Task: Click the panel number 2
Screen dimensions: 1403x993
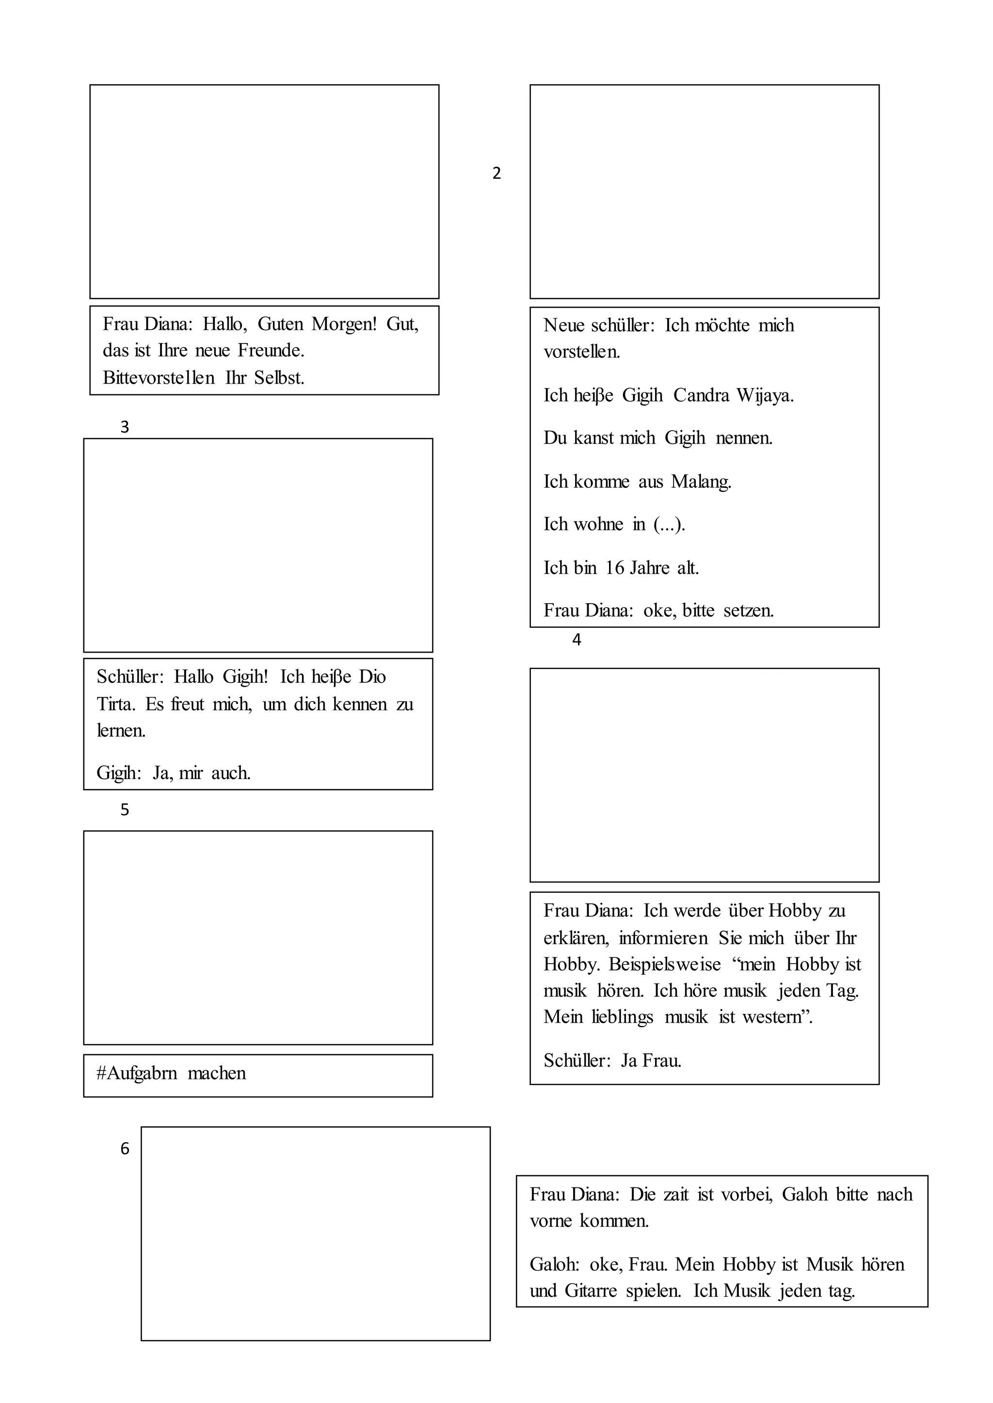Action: point(496,173)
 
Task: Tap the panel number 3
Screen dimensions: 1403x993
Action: point(125,427)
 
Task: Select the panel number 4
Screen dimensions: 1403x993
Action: point(576,640)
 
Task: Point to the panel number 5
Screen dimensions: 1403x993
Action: point(125,811)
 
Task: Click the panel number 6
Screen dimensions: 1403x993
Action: point(125,1149)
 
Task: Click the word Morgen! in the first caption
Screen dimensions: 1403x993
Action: point(344,324)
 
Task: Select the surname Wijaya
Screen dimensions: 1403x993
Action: point(764,395)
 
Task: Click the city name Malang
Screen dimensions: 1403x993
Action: point(701,482)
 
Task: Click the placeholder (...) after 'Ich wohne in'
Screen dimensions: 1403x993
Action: point(669,524)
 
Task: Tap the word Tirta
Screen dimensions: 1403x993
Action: point(115,704)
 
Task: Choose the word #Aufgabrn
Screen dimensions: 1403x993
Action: point(136,1073)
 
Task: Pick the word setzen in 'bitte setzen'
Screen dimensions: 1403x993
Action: point(749,610)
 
